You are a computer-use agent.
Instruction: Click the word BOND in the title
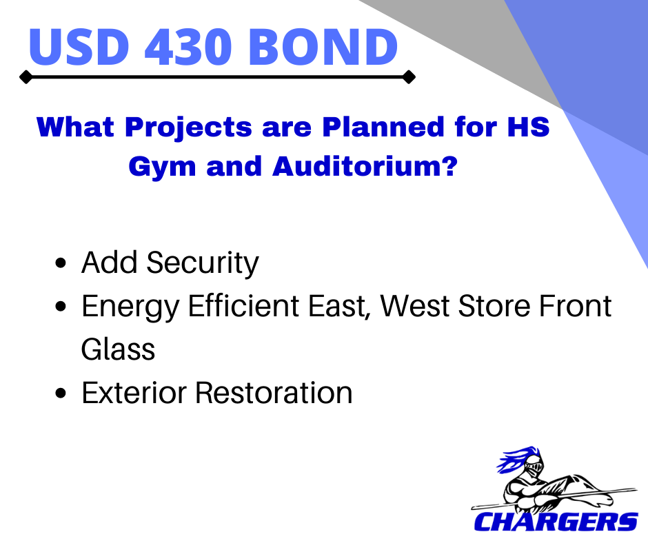coord(323,47)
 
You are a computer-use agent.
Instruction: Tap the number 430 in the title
coord(188,47)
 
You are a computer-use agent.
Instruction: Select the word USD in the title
coord(79,47)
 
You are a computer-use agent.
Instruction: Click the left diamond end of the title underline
coord(26,77)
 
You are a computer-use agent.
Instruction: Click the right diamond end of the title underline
coord(409,77)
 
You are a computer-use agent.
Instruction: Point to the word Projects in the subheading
coord(188,127)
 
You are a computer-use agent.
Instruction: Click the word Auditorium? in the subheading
coord(365,166)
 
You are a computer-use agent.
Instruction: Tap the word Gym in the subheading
coord(162,167)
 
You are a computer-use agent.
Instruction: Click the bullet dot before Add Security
coord(61,263)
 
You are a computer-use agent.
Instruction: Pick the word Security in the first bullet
coord(203,263)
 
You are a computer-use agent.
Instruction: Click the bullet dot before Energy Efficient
coord(61,306)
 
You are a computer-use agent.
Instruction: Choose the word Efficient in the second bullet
coord(243,306)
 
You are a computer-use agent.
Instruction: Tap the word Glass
coord(118,349)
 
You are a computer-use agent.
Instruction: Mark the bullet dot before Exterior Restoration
coord(61,393)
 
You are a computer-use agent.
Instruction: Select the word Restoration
coord(273,393)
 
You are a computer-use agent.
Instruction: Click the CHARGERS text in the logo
coord(556,522)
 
